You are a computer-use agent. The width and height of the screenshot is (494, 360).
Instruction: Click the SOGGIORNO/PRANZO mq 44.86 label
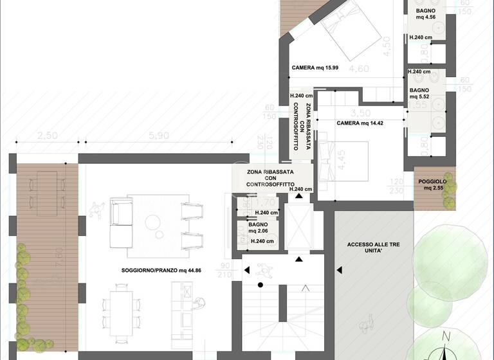click(x=161, y=271)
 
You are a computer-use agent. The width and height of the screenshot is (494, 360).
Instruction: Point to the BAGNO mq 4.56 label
click(x=425, y=15)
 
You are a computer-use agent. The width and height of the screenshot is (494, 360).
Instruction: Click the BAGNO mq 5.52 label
click(x=419, y=93)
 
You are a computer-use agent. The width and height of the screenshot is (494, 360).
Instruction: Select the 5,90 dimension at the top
click(x=158, y=136)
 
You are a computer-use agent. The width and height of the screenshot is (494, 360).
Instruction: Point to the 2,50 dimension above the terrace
click(x=48, y=136)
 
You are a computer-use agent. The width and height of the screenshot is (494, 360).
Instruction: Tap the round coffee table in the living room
click(x=153, y=222)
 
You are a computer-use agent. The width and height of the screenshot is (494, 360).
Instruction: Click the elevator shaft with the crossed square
click(x=298, y=228)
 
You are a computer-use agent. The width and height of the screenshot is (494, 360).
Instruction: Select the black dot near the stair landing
click(x=260, y=284)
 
